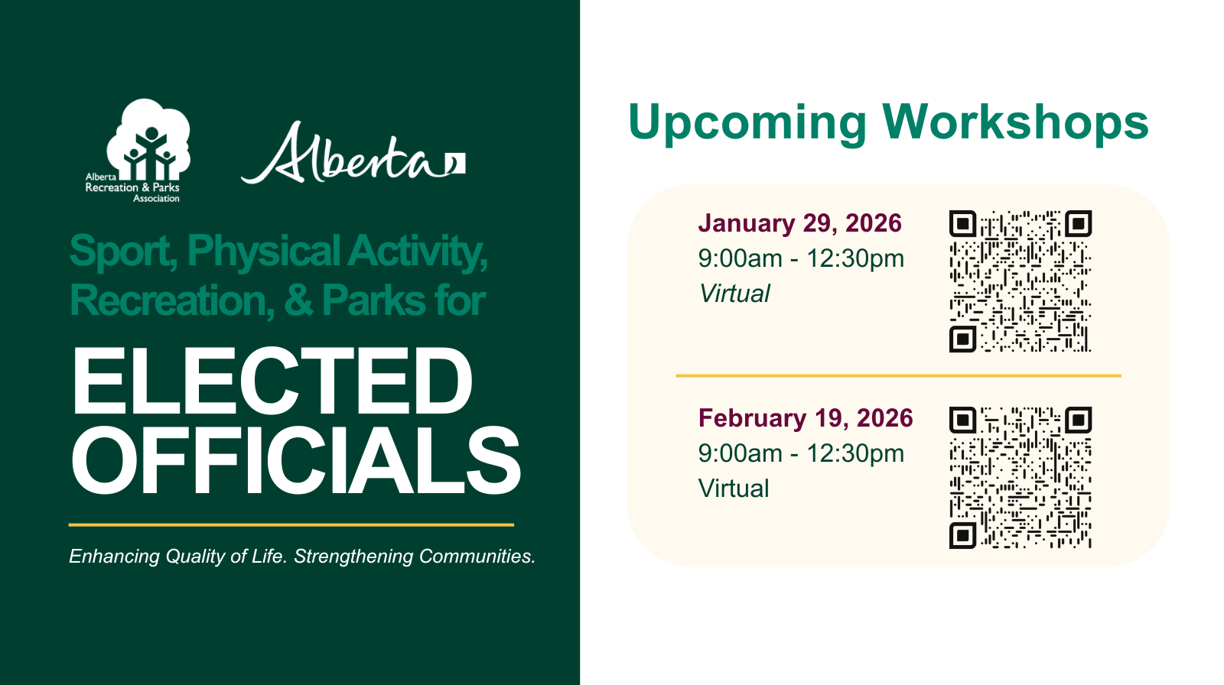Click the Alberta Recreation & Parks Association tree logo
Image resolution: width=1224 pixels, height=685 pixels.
[x=137, y=150]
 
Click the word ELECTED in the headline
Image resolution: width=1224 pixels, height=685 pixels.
[x=272, y=381]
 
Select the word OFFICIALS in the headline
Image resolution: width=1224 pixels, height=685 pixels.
[x=295, y=460]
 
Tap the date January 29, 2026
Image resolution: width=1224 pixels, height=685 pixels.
[x=800, y=223]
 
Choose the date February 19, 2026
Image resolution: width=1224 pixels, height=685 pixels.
[x=806, y=418]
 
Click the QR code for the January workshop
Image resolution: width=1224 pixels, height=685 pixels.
[x=1021, y=281]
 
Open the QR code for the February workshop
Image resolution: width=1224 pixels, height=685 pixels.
[x=1021, y=477]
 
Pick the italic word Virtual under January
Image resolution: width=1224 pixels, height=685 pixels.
[x=734, y=294]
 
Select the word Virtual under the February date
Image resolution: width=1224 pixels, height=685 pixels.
[x=734, y=489]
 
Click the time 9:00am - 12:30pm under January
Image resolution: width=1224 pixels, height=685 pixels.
[x=801, y=258]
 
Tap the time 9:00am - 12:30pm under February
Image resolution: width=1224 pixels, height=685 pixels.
[x=801, y=453]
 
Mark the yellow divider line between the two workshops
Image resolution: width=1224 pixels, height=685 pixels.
[x=898, y=376]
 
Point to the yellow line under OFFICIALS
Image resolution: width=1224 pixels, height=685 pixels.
[x=291, y=525]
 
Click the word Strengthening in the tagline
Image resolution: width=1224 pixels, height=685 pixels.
[x=353, y=556]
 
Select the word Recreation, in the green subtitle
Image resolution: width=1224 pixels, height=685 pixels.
[x=172, y=300]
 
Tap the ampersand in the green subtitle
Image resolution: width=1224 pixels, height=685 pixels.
[x=299, y=300]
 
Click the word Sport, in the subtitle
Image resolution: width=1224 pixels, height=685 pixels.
[x=124, y=252]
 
